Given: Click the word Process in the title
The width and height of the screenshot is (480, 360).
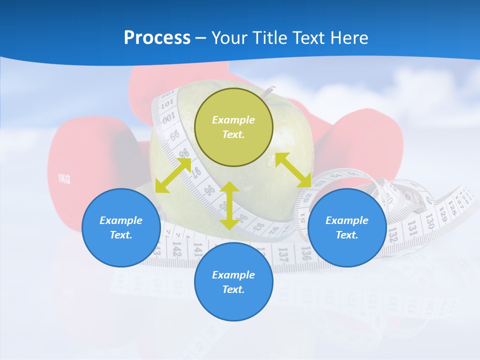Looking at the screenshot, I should tap(157, 38).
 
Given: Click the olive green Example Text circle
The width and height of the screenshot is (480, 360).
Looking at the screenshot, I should tap(233, 127).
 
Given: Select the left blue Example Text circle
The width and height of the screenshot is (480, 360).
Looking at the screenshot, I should tap(121, 227).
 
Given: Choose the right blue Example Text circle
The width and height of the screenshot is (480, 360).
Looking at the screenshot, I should tap(347, 227).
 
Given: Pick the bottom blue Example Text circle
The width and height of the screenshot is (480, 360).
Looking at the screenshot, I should tap(233, 282).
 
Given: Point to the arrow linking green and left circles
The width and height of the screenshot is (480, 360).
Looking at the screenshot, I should tap(173, 175).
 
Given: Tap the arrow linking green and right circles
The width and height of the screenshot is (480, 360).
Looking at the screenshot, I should tap(293, 170).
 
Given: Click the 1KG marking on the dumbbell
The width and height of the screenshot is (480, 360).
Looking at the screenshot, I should tap(64, 179).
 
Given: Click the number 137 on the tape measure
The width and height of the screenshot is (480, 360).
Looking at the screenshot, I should tap(282, 252).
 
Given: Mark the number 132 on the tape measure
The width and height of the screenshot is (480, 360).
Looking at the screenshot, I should tap(393, 233).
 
